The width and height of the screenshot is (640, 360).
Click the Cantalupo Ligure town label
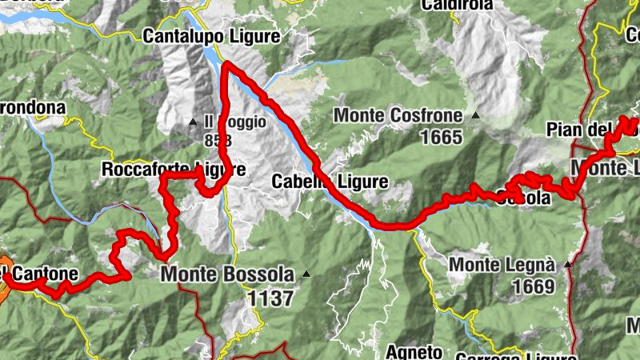coord(211,36)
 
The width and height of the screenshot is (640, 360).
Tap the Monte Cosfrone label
coord(398,115)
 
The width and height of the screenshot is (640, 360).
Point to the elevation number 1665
coord(441,137)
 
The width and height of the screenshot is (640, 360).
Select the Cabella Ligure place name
coord(330,182)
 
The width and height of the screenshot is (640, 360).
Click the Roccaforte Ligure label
coord(173,170)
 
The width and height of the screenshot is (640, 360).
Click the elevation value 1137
coord(270,298)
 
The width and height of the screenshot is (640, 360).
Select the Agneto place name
coord(414,351)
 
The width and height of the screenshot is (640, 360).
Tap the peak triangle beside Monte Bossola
coord(306,274)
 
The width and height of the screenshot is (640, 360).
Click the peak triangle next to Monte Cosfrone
coord(476,115)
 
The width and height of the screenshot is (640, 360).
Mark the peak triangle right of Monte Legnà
coord(568,263)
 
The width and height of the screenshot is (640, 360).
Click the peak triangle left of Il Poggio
coord(192,122)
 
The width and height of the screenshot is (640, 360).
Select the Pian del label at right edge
coord(592,130)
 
